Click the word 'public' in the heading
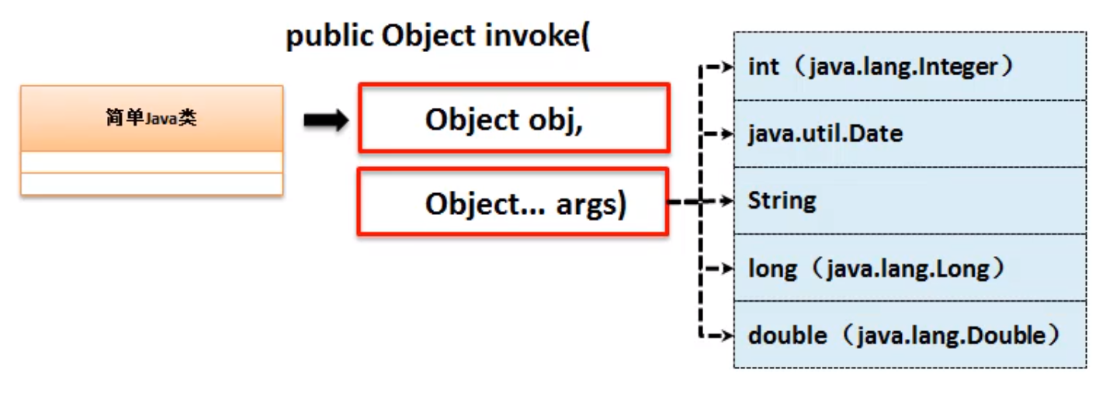pyautogui.click(x=329, y=36)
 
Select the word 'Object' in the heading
pyautogui.click(x=428, y=36)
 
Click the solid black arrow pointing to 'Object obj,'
pyautogui.click(x=326, y=120)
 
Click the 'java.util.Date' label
pyautogui.click(x=825, y=133)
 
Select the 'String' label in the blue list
pyautogui.click(x=782, y=201)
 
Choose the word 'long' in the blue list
pyautogui.click(x=772, y=269)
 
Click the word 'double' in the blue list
pyautogui.click(x=788, y=336)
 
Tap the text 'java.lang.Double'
pyautogui.click(x=952, y=336)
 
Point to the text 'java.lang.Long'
pyautogui.click(x=908, y=269)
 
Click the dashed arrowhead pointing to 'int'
pyautogui.click(x=727, y=67)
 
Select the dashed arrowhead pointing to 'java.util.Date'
pyautogui.click(x=727, y=133)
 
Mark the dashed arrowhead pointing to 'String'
pyautogui.click(x=727, y=201)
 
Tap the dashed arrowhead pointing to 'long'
pyautogui.click(x=727, y=268)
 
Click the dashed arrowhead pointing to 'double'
pyautogui.click(x=727, y=336)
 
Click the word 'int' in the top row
pyautogui.click(x=763, y=67)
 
